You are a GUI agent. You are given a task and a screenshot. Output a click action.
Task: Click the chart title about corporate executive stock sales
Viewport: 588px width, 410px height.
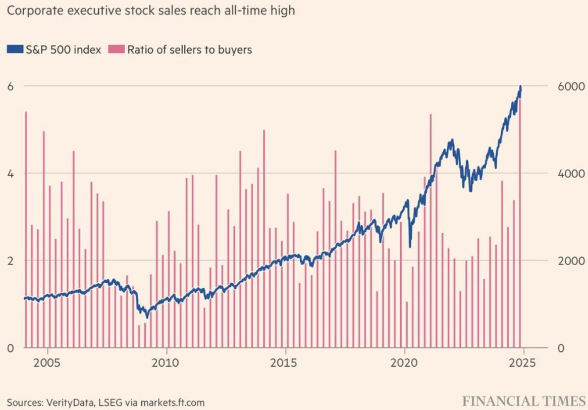point(150,10)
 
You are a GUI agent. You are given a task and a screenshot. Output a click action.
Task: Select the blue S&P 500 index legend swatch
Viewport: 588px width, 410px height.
point(15,49)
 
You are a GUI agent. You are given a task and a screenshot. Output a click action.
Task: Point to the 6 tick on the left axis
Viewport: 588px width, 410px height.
point(9,86)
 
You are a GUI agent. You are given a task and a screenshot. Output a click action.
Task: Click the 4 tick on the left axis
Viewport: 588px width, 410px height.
point(9,173)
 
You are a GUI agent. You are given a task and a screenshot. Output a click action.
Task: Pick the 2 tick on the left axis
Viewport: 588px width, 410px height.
point(9,261)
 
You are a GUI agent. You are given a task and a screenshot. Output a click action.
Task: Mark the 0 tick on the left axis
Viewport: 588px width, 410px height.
point(9,348)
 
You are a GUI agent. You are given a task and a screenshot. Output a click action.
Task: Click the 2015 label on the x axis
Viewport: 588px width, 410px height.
point(286,364)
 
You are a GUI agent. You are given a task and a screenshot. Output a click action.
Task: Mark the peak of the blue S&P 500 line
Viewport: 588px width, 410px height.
point(520,87)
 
